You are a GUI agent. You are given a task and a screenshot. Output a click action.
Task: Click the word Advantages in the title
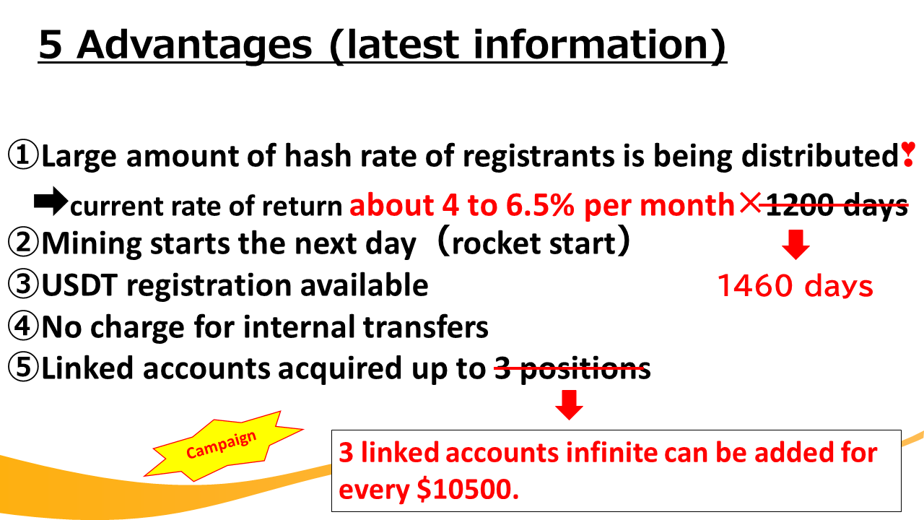[x=195, y=45]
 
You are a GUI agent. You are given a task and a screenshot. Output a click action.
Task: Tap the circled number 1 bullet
[x=23, y=155]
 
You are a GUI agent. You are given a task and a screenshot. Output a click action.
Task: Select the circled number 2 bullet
[x=23, y=242]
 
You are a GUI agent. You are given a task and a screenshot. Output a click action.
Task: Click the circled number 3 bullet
[x=23, y=284]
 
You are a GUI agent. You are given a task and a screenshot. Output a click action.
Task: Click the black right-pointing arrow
[x=51, y=201]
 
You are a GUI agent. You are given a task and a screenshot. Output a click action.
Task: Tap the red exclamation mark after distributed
[x=908, y=154]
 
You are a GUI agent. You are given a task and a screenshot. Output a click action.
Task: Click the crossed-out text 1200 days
[x=837, y=204]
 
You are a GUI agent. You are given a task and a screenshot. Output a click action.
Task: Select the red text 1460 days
[x=796, y=285]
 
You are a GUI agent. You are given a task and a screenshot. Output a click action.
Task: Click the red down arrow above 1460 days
[x=796, y=244]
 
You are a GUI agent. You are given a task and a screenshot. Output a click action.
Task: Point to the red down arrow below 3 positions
[x=570, y=405]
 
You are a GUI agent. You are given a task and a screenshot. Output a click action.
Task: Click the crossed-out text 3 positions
[x=572, y=368]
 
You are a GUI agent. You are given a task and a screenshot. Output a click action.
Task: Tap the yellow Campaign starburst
[x=223, y=446]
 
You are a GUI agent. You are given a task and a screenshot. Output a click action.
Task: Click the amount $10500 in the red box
[x=467, y=490]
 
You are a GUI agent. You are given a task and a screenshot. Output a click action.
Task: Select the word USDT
[x=79, y=285]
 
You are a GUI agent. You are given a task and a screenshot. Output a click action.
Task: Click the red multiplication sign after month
[x=750, y=203]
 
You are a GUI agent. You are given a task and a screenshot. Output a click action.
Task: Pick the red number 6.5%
[x=540, y=204]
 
